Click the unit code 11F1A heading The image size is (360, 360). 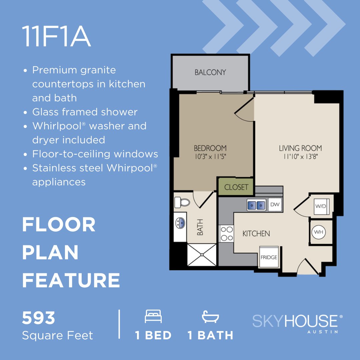pos(56,37)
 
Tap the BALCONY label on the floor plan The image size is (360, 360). pos(210,72)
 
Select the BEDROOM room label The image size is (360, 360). pos(210,148)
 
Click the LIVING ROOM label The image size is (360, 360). pos(300,148)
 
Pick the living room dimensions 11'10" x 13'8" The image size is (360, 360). pos(300,157)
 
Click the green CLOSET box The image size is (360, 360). pos(236,187)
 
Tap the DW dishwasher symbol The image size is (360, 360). pos(275,205)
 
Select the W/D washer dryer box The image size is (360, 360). pos(321,206)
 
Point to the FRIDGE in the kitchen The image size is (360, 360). pos(269,257)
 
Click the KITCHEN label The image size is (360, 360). pos(256,234)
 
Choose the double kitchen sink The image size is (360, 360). pos(256,205)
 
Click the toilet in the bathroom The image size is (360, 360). pos(182,202)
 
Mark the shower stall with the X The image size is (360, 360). pos(202,255)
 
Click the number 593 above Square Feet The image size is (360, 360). pos(38,318)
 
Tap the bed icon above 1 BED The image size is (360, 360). pos(153,316)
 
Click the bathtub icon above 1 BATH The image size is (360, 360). pos(210,316)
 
